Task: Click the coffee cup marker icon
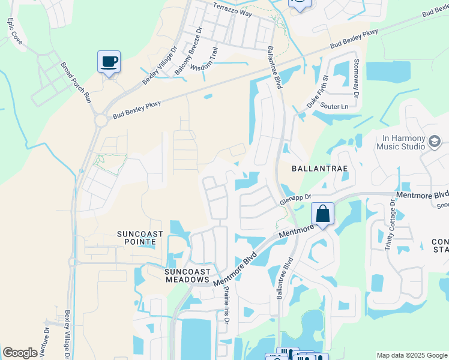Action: [x=109, y=61]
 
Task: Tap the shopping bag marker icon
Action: [x=322, y=214]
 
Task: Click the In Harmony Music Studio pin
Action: [x=435, y=142]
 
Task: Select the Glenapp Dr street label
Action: [x=295, y=199]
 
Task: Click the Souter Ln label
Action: [x=335, y=106]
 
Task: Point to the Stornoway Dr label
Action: [x=355, y=78]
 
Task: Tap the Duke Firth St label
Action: [x=318, y=91]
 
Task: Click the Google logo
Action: [x=20, y=353]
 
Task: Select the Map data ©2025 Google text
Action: [x=411, y=355]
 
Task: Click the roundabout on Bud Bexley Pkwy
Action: [x=100, y=120]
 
